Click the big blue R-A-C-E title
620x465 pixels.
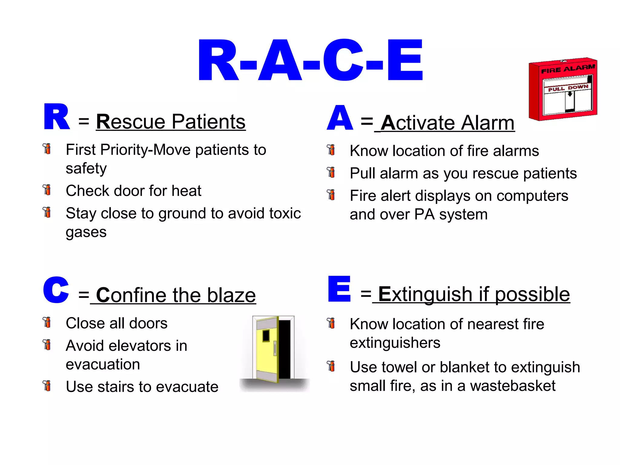click(310, 61)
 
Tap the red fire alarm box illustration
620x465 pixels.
click(562, 89)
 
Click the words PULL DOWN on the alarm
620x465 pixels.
click(568, 88)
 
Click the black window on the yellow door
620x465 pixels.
click(266, 335)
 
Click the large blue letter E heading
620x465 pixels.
click(339, 289)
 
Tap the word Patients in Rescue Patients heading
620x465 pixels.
click(209, 122)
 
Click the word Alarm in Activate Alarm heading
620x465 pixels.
click(488, 123)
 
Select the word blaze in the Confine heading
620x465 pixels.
click(232, 295)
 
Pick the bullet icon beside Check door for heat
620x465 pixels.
click(47, 190)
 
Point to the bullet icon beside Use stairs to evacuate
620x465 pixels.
click(47, 386)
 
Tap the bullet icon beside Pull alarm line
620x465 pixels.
click(331, 172)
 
